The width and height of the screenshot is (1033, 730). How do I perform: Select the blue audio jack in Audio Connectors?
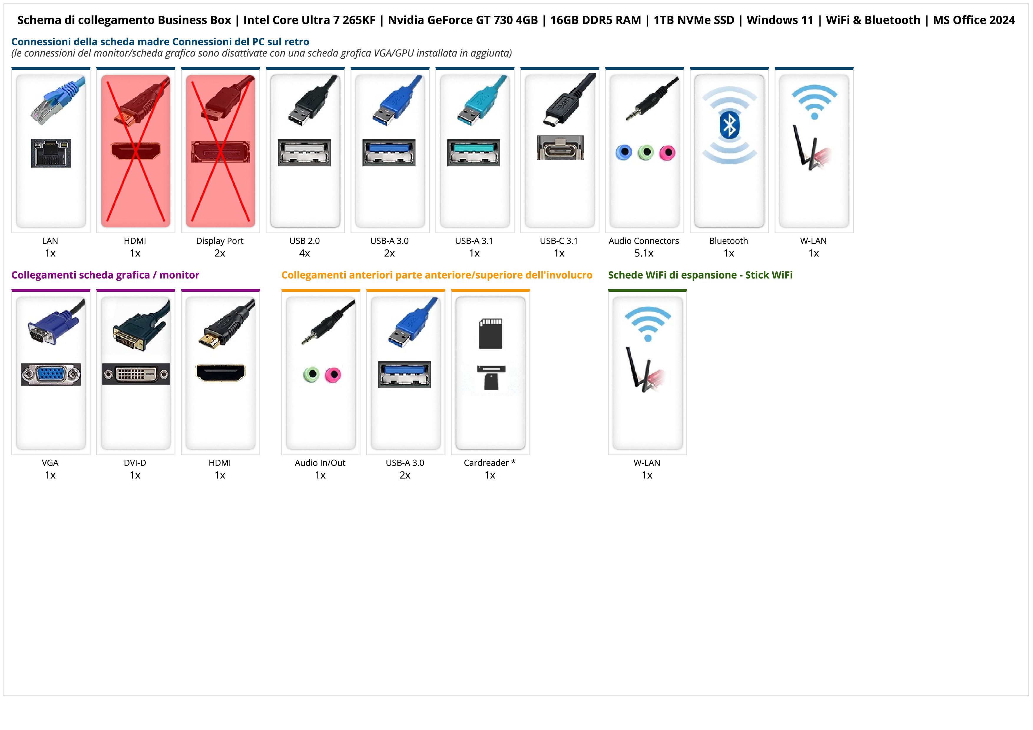click(624, 153)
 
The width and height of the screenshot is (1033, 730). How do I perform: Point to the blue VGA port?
click(51, 374)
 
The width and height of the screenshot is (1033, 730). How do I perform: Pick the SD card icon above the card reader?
click(490, 333)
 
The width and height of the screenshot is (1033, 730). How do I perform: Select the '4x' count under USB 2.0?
click(304, 253)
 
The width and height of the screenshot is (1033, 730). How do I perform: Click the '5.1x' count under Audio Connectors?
click(644, 253)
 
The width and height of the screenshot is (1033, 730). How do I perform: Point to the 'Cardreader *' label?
click(489, 463)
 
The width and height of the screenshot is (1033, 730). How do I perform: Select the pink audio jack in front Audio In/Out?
click(333, 375)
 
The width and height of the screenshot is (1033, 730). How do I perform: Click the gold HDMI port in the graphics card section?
click(221, 373)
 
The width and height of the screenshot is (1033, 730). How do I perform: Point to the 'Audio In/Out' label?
click(320, 463)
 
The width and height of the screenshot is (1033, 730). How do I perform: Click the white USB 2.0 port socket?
click(304, 153)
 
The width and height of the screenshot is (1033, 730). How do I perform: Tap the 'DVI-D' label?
click(135, 463)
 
